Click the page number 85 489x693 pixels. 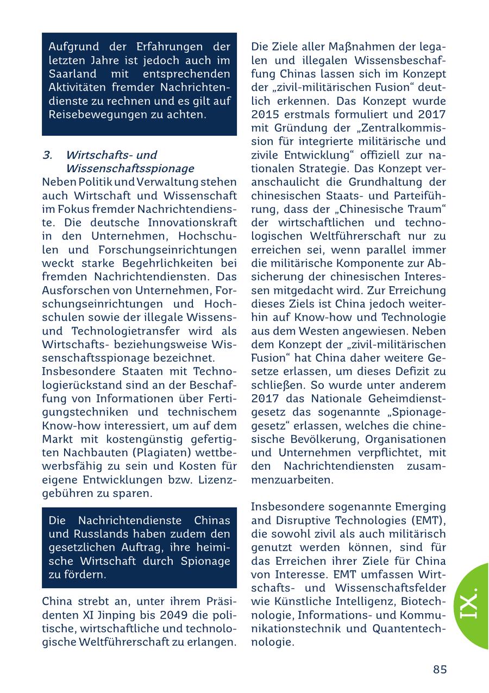coord(440,669)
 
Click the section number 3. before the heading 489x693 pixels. coord(47,155)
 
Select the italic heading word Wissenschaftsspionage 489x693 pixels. coord(130,168)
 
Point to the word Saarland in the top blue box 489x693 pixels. coord(73,74)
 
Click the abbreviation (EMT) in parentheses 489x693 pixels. coord(427,520)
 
